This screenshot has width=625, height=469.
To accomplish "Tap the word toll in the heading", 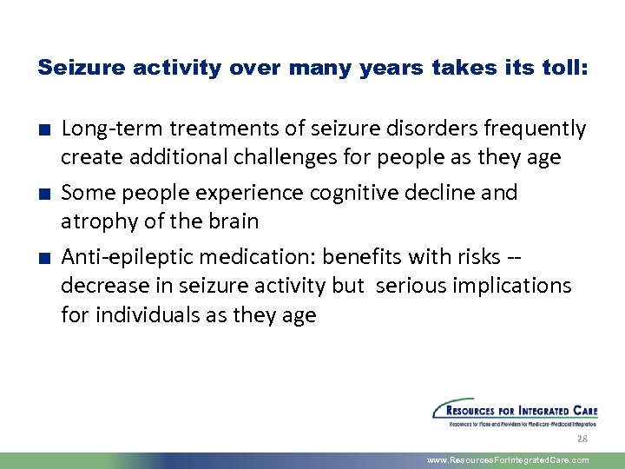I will [563, 69].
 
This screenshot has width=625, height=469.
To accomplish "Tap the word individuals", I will [146, 314].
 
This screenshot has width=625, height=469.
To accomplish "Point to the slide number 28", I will [582, 439].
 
